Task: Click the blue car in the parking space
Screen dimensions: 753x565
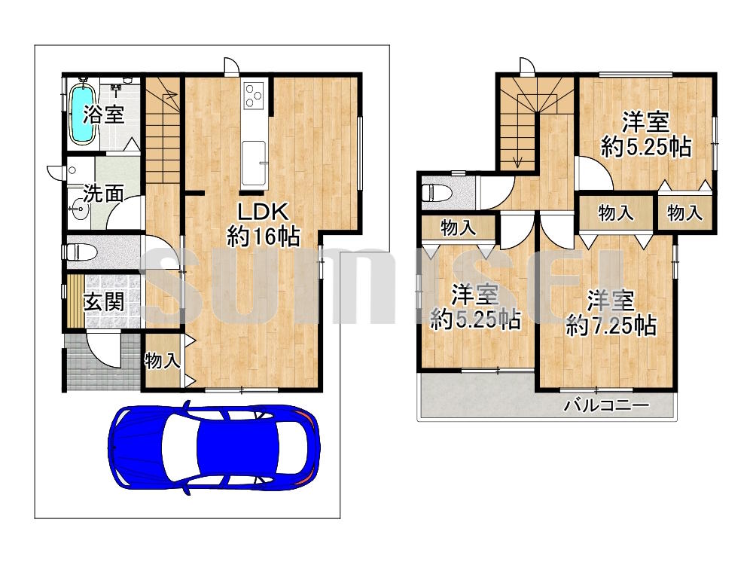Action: (214, 447)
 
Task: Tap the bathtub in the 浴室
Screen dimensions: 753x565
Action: (83, 114)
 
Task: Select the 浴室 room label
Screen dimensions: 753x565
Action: (103, 115)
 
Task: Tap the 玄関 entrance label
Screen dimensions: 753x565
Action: (104, 302)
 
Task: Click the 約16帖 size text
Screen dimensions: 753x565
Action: (264, 237)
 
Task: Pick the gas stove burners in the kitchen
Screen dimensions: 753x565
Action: (253, 95)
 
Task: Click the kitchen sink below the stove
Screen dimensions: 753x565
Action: (253, 163)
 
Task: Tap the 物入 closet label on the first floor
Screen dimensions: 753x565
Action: (163, 360)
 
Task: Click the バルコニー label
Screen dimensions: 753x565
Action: (606, 405)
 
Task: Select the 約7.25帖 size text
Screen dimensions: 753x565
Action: (611, 327)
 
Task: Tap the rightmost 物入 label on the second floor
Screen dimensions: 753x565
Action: (684, 212)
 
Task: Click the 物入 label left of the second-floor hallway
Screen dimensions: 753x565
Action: (458, 228)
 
